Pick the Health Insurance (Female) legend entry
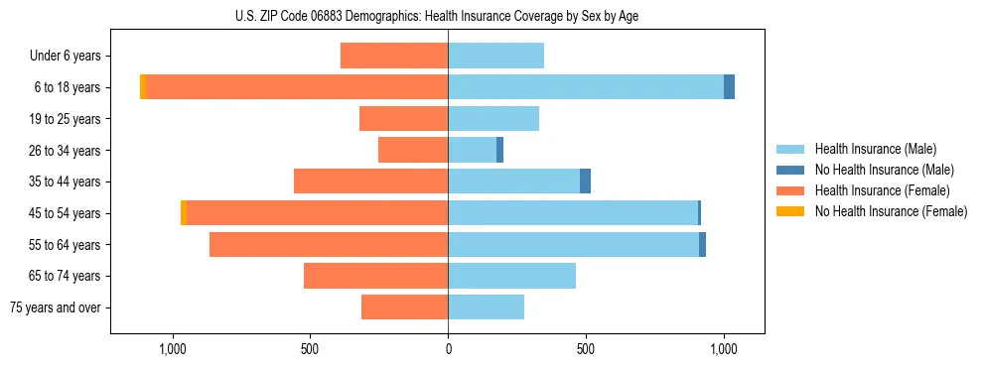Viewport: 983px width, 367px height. pyautogui.click(x=882, y=190)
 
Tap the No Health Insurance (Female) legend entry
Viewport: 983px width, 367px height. pyautogui.click(x=891, y=211)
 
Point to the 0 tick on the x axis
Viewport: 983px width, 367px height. pyautogui.click(x=448, y=349)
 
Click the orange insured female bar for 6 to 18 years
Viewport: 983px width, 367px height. pyautogui.click(x=297, y=87)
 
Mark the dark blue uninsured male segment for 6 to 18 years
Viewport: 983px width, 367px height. pyautogui.click(x=729, y=87)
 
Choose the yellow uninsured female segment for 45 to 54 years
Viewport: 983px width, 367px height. pyautogui.click(x=184, y=213)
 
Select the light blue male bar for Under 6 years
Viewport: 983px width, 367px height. pyautogui.click(x=495, y=56)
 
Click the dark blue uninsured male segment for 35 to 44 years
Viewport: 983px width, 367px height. pyautogui.click(x=585, y=182)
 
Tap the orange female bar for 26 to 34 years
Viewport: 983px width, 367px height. pyautogui.click(x=413, y=150)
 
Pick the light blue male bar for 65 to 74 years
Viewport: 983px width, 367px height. pyautogui.click(x=511, y=276)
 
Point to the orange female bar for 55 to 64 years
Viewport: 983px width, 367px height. pyautogui.click(x=329, y=244)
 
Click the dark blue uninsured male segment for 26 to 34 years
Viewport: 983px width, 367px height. pyautogui.click(x=499, y=150)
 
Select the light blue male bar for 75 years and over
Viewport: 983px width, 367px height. pyautogui.click(x=486, y=307)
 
